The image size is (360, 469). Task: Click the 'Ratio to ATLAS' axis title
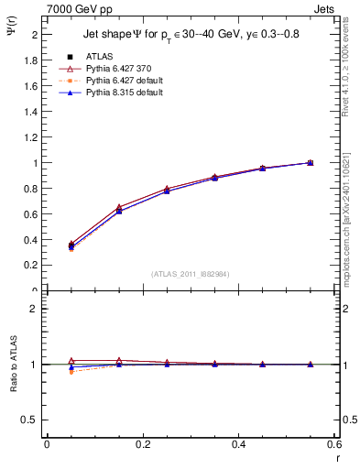13,390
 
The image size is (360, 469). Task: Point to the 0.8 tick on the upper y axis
30,189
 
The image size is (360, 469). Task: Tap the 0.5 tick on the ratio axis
30,420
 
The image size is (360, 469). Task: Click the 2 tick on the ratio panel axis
33,309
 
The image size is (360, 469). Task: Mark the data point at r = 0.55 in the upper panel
310,163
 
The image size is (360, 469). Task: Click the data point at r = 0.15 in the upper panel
118,209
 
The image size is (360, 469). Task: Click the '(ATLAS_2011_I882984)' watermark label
191,273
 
